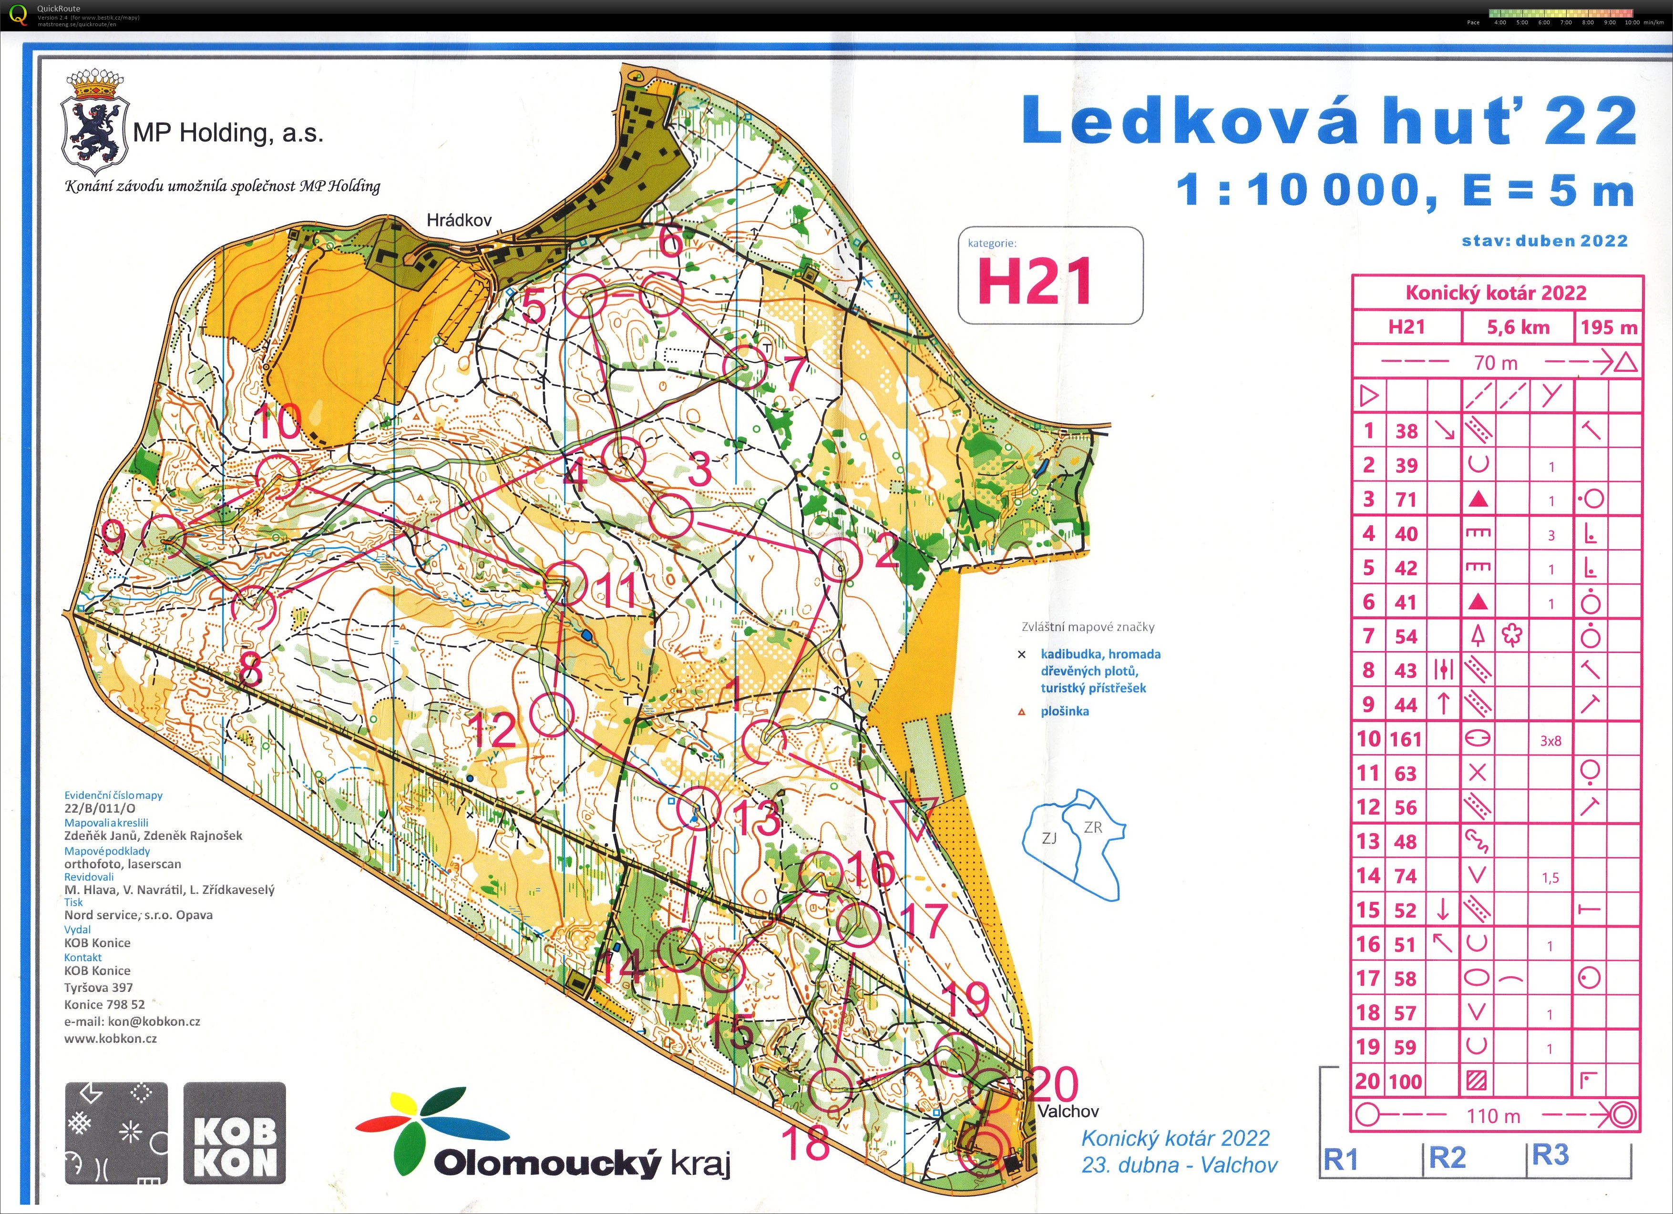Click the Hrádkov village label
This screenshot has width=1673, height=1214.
point(459,220)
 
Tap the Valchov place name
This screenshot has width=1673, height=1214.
point(1067,1111)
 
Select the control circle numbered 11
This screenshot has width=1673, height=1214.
point(566,582)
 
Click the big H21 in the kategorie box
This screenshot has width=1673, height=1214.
point(1034,282)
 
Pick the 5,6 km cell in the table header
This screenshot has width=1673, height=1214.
point(1518,327)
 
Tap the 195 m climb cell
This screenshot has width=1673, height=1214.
point(1609,327)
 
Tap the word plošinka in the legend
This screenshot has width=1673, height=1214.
point(1065,712)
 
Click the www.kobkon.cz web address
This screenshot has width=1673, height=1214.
point(111,1039)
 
